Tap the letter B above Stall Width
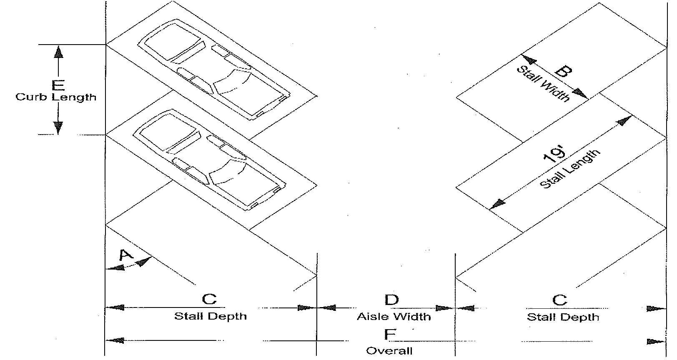click(562, 72)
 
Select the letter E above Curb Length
click(58, 85)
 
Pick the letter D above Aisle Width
click(391, 299)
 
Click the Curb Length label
click(56, 97)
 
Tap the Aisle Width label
click(394, 317)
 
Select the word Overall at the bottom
click(389, 351)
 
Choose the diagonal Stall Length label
click(569, 169)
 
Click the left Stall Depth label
click(210, 316)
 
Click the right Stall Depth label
click(563, 317)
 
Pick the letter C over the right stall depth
click(559, 300)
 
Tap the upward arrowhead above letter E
click(58, 52)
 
